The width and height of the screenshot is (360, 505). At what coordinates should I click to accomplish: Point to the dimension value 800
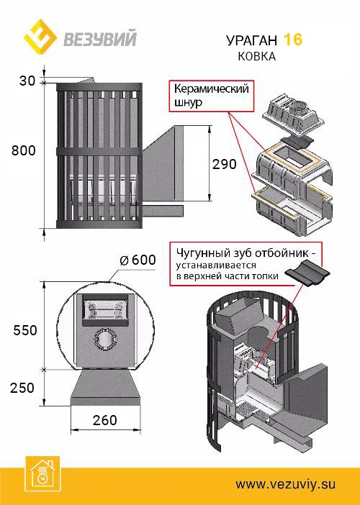(24, 150)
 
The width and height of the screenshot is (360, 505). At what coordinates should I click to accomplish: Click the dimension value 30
(27, 81)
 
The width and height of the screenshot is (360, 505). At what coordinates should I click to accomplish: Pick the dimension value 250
(24, 387)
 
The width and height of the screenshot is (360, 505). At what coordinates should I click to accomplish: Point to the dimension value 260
(105, 419)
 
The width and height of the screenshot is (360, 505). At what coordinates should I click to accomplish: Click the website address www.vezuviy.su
(286, 484)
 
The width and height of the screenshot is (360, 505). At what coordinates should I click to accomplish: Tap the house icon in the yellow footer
(41, 472)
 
